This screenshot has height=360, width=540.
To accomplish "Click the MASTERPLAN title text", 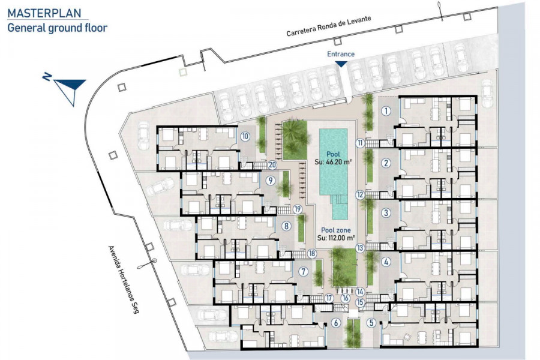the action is (x=44, y=13).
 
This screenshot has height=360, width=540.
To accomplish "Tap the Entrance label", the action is (x=341, y=54).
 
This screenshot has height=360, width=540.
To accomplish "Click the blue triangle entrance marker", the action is (x=341, y=64).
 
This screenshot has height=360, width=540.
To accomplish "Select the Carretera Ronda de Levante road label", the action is (x=329, y=26).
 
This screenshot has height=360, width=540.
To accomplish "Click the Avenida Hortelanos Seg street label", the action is (x=123, y=280).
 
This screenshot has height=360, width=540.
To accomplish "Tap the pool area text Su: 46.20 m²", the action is (x=333, y=161).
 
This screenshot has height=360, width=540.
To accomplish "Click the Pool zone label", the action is (x=336, y=230).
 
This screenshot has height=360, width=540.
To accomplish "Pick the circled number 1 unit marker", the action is (x=386, y=111).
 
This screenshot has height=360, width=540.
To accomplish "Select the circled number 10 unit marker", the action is (x=245, y=136).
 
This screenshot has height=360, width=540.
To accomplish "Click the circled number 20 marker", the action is (x=272, y=165).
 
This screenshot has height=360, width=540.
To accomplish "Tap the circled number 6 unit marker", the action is (x=336, y=323).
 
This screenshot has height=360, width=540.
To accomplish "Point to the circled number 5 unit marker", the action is (x=371, y=323).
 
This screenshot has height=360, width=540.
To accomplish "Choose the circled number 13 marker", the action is (x=360, y=248).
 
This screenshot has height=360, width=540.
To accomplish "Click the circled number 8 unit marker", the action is (x=286, y=226).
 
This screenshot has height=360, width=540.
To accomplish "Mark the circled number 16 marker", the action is (x=346, y=298).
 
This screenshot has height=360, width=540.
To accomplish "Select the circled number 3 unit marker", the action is (x=386, y=213).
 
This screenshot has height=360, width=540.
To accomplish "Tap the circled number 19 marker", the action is (x=298, y=209).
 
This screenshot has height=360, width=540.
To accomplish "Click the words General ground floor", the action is (x=57, y=28).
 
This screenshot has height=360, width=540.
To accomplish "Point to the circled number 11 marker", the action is (x=360, y=143).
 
